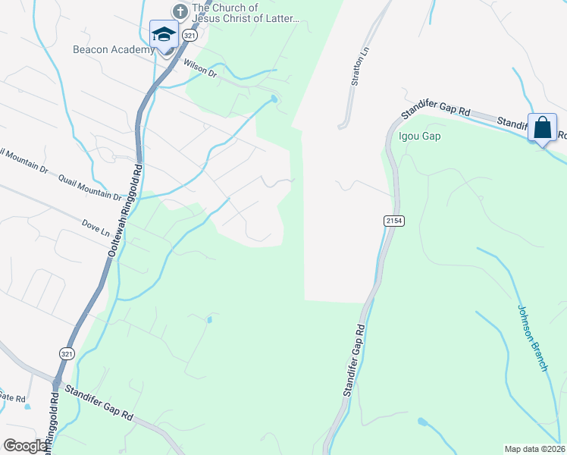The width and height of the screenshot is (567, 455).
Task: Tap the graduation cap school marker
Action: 164,36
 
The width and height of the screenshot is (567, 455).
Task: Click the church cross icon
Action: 180,11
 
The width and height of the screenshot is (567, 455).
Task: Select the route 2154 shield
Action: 392,220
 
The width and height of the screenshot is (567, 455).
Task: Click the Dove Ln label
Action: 96,226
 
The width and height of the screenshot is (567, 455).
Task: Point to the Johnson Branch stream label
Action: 533,337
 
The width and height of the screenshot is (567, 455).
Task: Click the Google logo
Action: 24,446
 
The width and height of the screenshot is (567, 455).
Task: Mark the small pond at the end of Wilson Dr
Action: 274,100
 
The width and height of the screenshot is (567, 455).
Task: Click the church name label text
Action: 246,13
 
